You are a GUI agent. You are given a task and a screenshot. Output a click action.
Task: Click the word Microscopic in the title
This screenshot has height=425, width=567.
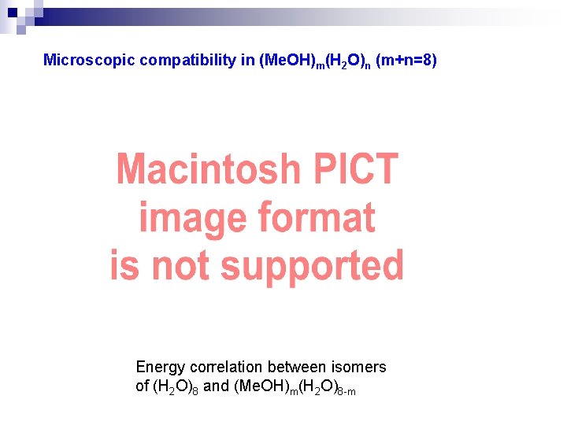[89, 60]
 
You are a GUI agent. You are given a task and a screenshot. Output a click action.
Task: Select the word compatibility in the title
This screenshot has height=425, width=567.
[189, 60]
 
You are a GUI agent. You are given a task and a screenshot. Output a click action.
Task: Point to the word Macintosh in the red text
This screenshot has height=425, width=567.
[209, 169]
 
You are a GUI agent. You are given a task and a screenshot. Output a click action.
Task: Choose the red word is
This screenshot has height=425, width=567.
[124, 266]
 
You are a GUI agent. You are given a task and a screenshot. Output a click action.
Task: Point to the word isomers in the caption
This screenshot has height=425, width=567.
[360, 367]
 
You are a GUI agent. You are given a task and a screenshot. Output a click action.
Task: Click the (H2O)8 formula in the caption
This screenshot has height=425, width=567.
[176, 387]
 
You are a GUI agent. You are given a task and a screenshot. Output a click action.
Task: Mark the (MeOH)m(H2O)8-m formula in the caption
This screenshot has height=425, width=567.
[295, 388]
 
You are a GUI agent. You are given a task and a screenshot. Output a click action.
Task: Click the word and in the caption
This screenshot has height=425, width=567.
[216, 387]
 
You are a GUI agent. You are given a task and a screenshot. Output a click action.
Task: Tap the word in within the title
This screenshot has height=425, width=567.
[249, 60]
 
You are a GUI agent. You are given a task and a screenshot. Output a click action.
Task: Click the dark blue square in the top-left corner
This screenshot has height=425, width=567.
[12, 13]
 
